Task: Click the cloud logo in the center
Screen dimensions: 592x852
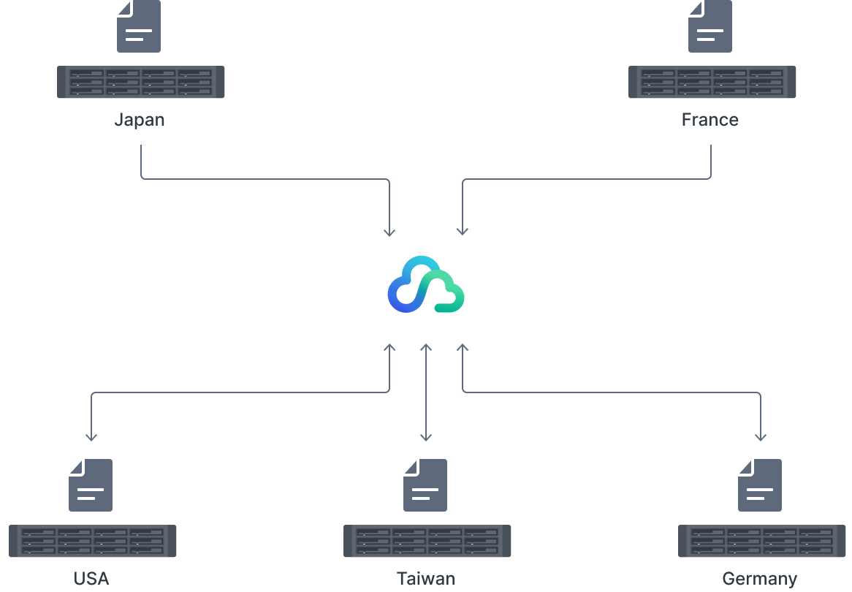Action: (426, 284)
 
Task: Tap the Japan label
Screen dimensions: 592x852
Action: (140, 120)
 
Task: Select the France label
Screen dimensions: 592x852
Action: (710, 120)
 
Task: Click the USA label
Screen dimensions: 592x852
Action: (91, 579)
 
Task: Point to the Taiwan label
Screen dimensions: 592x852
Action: (426, 579)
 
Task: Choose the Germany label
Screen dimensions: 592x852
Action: (759, 580)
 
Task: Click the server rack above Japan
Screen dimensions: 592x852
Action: (141, 82)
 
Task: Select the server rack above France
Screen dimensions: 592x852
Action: (712, 82)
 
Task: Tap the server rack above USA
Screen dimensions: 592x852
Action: (93, 541)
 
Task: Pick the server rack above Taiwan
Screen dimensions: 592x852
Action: (427, 541)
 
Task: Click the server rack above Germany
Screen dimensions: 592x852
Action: (761, 541)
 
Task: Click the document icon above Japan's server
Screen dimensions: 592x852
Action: (139, 27)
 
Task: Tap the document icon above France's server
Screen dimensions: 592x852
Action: (710, 27)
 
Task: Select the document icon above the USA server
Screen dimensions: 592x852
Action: (91, 485)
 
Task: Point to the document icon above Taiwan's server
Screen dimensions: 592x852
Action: (425, 485)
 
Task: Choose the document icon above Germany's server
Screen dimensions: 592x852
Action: (760, 485)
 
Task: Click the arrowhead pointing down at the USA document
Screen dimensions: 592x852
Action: (91, 437)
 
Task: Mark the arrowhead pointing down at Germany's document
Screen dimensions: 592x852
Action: (760, 437)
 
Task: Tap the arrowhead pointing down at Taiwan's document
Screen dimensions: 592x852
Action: (426, 437)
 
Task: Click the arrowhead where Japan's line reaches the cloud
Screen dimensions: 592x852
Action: (389, 232)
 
